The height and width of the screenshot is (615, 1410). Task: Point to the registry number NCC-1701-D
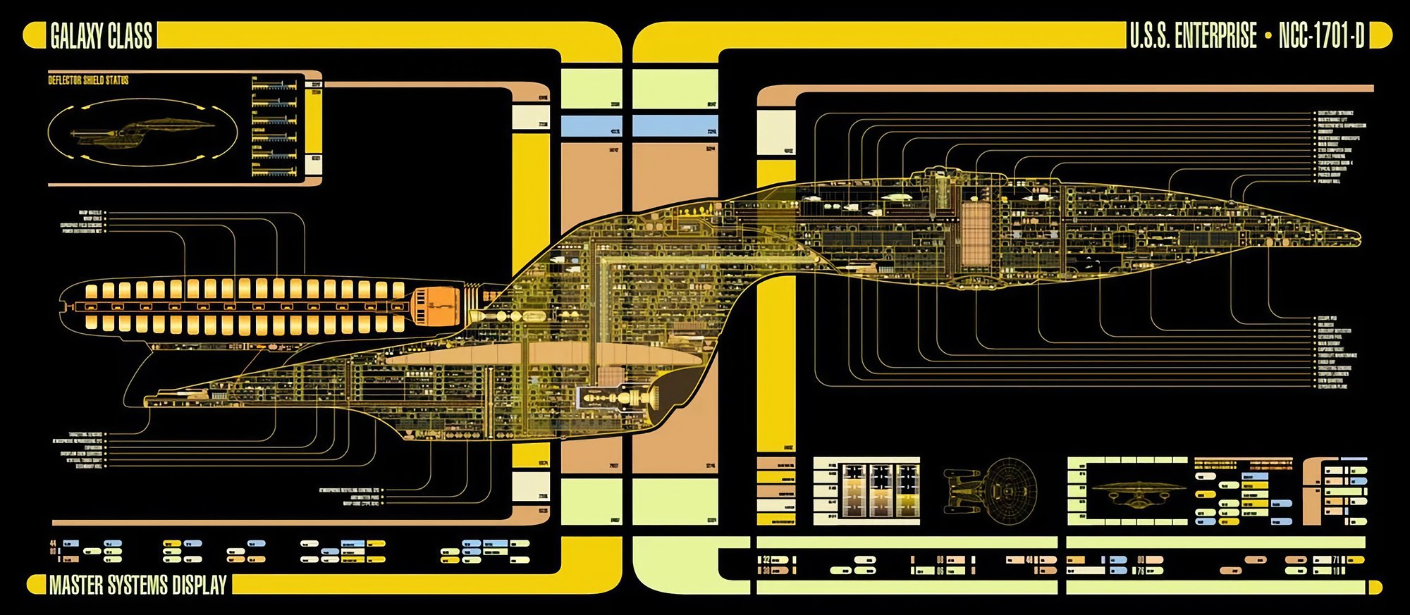pos(1321,36)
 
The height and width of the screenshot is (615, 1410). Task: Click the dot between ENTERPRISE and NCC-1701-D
pos(1268,36)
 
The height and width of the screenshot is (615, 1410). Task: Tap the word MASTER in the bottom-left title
pos(79,585)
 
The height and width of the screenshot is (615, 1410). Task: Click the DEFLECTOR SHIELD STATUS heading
pos(88,80)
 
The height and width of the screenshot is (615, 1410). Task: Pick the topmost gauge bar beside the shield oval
pos(275,85)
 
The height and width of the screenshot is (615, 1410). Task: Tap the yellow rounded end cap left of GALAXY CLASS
pos(34,35)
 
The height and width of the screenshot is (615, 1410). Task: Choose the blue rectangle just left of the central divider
pos(591,125)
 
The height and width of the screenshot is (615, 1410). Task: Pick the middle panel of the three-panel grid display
pos(880,490)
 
